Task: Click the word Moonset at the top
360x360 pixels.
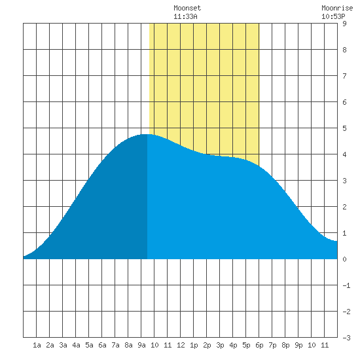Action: point(187,8)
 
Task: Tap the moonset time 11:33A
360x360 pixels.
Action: point(185,16)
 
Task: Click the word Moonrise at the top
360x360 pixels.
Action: point(337,8)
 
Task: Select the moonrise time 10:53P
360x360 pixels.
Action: point(333,16)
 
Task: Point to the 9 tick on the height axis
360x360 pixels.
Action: point(344,24)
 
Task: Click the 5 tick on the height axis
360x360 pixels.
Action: point(344,128)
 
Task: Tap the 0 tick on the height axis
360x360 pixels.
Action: point(344,259)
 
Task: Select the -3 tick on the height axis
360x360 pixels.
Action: point(346,338)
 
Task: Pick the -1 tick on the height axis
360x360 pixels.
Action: point(346,285)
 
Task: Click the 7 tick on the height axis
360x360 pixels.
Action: point(344,76)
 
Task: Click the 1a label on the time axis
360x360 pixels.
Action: point(37,345)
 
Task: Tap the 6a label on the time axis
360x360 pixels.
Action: point(102,345)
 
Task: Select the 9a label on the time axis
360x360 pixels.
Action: point(141,345)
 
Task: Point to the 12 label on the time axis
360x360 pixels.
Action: point(181,345)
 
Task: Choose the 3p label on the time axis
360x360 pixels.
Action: point(220,345)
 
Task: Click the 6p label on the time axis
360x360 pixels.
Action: point(259,345)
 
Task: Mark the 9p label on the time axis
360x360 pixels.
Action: point(298,345)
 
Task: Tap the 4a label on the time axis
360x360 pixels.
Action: point(76,345)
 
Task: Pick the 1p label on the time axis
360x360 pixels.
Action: point(194,345)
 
